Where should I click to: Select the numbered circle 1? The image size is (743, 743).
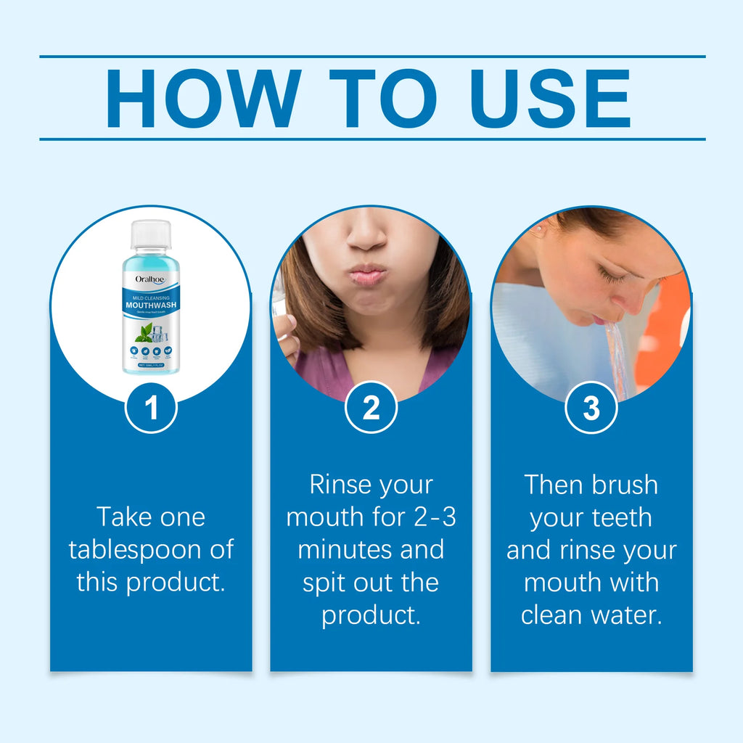click(151, 409)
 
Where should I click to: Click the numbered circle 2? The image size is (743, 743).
click(371, 409)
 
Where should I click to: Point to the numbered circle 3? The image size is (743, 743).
click(591, 409)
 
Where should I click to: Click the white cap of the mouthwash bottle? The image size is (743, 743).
click(150, 234)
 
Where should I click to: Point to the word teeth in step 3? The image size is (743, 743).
click(618, 517)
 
